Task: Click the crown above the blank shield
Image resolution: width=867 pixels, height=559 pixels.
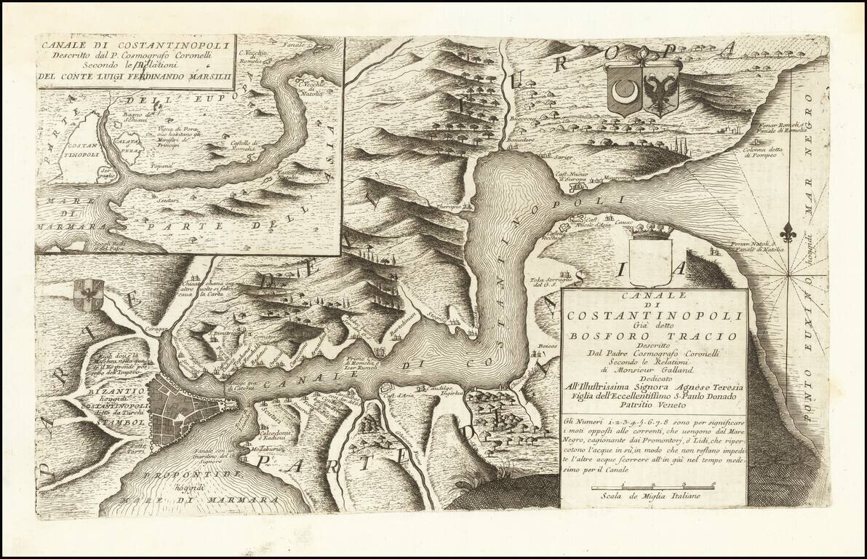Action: pyautogui.click(x=650, y=232)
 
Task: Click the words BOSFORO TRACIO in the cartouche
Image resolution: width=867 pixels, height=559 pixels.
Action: pyautogui.click(x=653, y=336)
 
